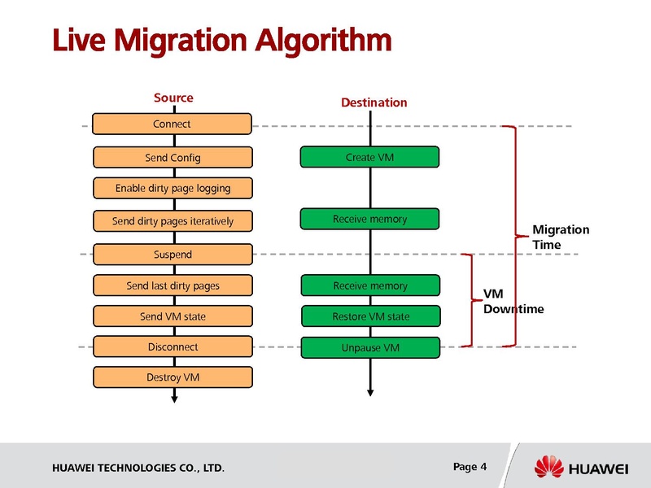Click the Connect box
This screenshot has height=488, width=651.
pyautogui.click(x=172, y=124)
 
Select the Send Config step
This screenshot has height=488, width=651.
pyautogui.click(x=173, y=157)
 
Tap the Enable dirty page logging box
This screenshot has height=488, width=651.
pyautogui.click(x=173, y=188)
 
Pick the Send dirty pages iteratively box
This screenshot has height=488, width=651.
pyautogui.click(x=173, y=221)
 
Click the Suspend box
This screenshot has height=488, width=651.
pyautogui.click(x=173, y=255)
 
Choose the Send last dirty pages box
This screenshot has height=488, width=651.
pyautogui.click(x=173, y=285)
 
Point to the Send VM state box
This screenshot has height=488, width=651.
pyautogui.click(x=173, y=316)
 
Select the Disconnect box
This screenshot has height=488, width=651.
pyautogui.click(x=173, y=346)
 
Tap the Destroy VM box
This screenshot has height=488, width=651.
pyautogui.click(x=173, y=377)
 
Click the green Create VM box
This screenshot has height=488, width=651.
pyautogui.click(x=369, y=157)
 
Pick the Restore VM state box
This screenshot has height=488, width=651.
pyautogui.click(x=370, y=316)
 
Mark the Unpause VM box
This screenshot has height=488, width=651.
pyautogui.click(x=370, y=348)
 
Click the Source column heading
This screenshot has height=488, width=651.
pyautogui.click(x=173, y=98)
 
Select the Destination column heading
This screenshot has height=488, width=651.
pyautogui.click(x=374, y=102)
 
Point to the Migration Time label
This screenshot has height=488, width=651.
pyautogui.click(x=560, y=237)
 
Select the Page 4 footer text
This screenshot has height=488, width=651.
pyautogui.click(x=470, y=466)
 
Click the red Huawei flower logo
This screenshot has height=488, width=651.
pyautogui.click(x=549, y=468)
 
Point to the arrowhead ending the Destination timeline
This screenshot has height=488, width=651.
pyautogui.click(x=370, y=391)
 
